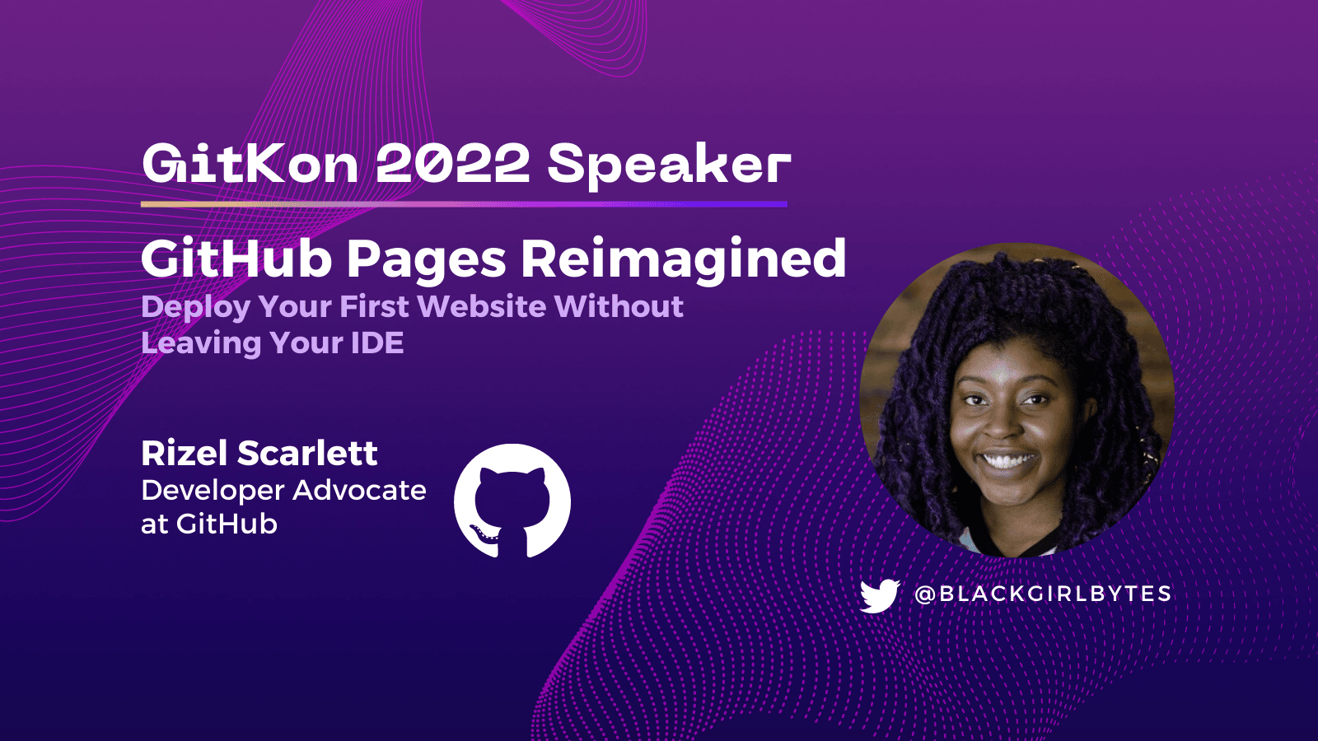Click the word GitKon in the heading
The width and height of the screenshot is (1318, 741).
point(250,164)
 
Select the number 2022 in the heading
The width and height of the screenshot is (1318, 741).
point(453,164)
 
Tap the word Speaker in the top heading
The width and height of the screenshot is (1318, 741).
point(669,167)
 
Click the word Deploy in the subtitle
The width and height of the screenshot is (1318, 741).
point(196,308)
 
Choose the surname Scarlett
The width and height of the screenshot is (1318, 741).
point(307,454)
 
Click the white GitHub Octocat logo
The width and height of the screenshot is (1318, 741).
point(512,501)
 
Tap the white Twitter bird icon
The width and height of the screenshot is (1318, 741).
point(880,596)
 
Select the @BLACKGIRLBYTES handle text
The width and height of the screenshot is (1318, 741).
point(1043,594)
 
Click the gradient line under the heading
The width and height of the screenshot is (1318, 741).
point(465,204)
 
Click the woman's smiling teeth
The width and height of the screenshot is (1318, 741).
point(1008,460)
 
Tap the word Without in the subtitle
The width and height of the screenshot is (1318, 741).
point(619,305)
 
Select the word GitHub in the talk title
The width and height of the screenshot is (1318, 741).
point(236,259)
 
